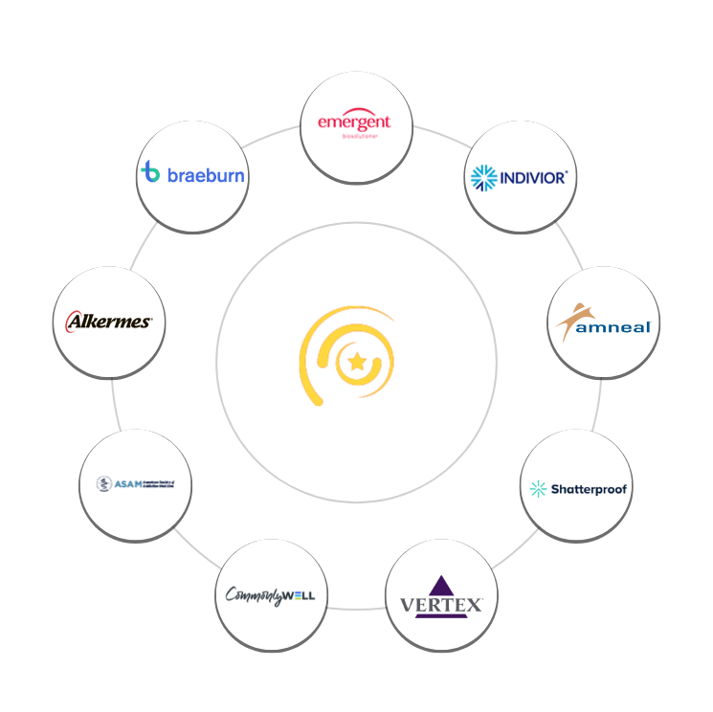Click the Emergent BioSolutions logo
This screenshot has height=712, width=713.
click(355, 125)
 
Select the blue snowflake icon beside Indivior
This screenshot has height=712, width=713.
click(483, 177)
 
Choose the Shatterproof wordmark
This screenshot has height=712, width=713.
click(589, 489)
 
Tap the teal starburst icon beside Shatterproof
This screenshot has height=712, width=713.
click(539, 489)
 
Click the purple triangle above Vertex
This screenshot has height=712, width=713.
click(441, 586)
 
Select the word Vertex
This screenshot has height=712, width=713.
click(441, 605)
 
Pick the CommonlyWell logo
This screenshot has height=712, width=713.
click(271, 595)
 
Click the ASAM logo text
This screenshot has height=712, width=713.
click(126, 483)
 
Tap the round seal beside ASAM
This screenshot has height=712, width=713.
click(103, 483)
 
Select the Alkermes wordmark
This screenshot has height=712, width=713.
click(109, 322)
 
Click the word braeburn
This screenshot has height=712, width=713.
click(206, 175)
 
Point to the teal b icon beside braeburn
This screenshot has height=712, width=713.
click(150, 172)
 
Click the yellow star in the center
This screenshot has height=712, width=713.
click(357, 362)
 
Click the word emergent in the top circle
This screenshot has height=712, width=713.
click(355, 122)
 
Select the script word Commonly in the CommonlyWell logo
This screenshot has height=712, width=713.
click(254, 596)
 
